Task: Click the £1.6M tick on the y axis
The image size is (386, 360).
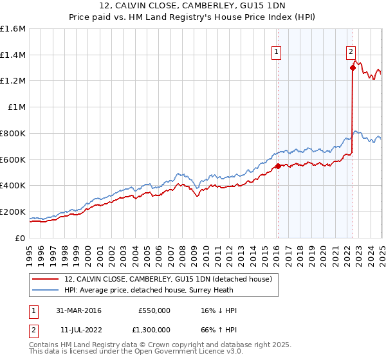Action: pyautogui.click(x=13, y=28)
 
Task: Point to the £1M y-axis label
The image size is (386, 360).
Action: pyautogui.click(x=16, y=107)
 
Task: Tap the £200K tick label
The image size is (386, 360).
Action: pyautogui.click(x=13, y=212)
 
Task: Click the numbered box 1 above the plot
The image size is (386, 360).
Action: pyautogui.click(x=276, y=53)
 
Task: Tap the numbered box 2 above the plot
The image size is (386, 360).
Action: pyautogui.click(x=351, y=53)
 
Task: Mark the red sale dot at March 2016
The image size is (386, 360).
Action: pyautogui.click(x=278, y=166)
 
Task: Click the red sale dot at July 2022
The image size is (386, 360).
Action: pyautogui.click(x=353, y=67)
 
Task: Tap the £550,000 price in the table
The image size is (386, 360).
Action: pyautogui.click(x=154, y=310)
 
